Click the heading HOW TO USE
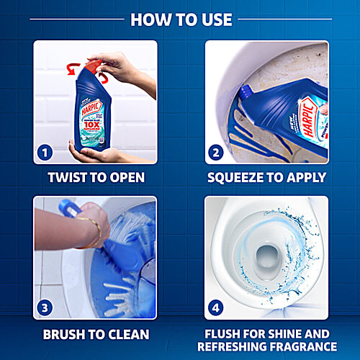[x=180, y=19]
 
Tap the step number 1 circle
[x=45, y=153]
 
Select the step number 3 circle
[x=45, y=308]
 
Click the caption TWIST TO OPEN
[x=95, y=177]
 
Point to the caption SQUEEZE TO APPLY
[x=266, y=177]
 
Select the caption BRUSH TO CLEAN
[x=95, y=334]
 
